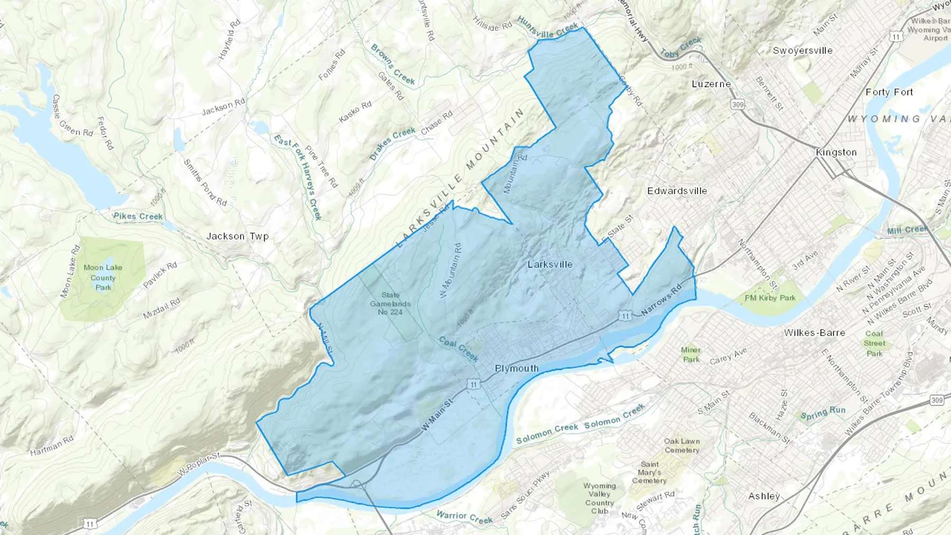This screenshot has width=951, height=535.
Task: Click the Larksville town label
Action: [550, 264]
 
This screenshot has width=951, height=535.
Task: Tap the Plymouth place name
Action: [517, 368]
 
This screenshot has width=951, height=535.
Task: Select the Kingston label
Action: [836, 152]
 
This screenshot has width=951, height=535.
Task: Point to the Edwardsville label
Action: [677, 191]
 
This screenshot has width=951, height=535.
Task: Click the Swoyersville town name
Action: [803, 51]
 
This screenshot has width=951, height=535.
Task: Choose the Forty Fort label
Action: [889, 92]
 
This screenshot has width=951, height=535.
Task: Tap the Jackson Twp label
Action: [237, 236]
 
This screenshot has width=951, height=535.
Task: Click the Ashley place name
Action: [764, 496]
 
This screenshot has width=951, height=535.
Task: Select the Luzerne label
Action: [711, 84]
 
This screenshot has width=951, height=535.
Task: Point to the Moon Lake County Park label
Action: [103, 277]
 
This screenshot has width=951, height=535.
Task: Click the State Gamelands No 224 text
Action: [390, 304]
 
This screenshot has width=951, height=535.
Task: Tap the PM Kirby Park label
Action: [770, 298]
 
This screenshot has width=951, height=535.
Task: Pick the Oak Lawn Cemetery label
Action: [682, 445]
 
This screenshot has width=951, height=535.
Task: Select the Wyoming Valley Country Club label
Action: [600, 498]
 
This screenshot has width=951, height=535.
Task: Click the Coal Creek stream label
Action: [459, 349]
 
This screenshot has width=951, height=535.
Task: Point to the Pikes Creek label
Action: [138, 216]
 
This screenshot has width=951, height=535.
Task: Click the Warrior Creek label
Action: [464, 517]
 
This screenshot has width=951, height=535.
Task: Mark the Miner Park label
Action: [691, 354]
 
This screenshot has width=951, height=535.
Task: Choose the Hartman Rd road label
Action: [52, 445]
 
